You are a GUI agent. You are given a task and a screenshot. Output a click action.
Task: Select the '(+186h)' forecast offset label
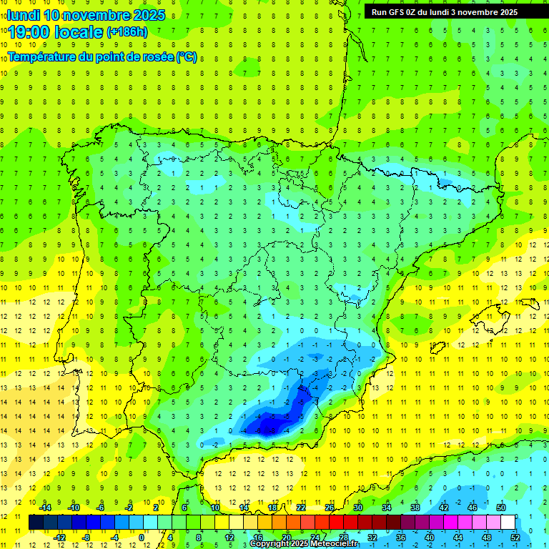[127, 32]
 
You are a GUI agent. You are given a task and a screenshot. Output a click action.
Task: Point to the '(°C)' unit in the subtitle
[186, 56]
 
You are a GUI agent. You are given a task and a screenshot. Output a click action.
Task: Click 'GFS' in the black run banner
[397, 12]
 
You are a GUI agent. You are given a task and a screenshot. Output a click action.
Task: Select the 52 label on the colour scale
[515, 537]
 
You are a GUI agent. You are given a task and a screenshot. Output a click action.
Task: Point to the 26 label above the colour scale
[330, 508]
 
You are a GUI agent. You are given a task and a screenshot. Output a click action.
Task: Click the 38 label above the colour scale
[415, 508]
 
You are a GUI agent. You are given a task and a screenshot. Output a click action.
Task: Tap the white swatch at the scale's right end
[508, 522]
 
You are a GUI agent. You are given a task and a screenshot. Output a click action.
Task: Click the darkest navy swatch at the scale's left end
[36, 522]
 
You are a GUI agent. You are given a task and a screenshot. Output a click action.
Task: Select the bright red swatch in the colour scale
[336, 522]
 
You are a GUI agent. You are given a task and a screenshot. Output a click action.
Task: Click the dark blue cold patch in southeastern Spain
[268, 427]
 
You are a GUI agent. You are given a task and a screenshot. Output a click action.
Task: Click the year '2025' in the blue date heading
[149, 15]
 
